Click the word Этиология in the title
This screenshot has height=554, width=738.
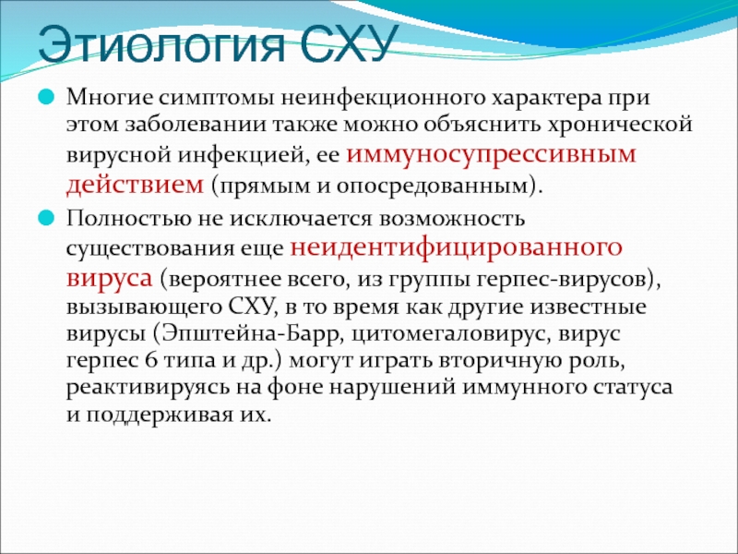[161, 43]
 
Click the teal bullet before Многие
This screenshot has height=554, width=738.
[46, 98]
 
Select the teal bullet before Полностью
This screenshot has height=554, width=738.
[46, 219]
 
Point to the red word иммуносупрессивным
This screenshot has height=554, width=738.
[491, 154]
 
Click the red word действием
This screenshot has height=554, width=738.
[135, 185]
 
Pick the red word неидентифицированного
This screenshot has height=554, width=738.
[456, 247]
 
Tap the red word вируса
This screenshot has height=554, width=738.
[110, 278]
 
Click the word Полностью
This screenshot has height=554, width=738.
[125, 220]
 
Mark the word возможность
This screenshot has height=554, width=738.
[452, 220]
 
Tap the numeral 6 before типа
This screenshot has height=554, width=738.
[150, 361]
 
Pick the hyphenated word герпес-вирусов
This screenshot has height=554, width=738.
[564, 280]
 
